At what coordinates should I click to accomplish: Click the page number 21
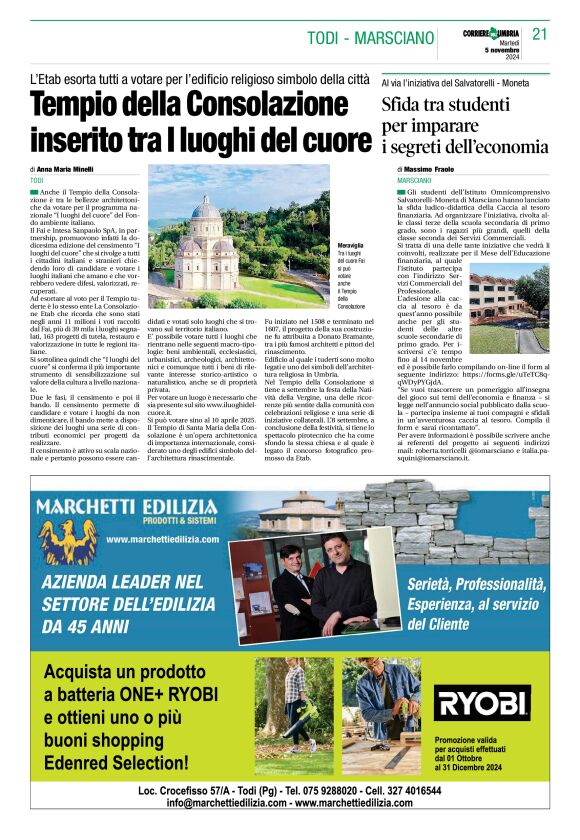pos(540,34)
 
